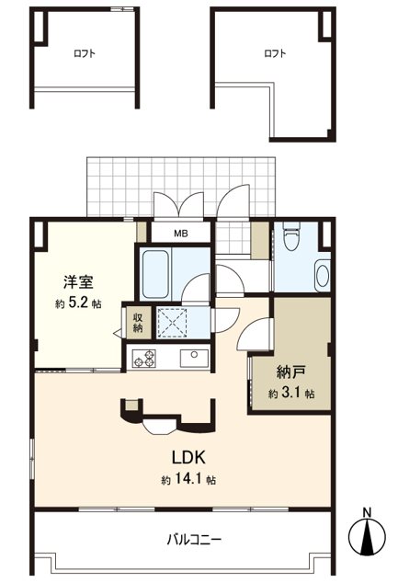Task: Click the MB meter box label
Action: pos(181,234)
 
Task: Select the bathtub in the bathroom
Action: pos(155,274)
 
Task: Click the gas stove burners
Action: pos(145,358)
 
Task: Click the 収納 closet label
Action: pos(138,323)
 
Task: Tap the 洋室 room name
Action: pos(78,282)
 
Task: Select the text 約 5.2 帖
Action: pos(78,303)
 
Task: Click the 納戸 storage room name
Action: pos(291,372)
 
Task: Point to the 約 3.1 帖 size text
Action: pos(291,393)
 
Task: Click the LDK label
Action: pos(188,457)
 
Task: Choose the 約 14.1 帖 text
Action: pos(188,480)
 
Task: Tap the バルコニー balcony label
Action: pos(194,539)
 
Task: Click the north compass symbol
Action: pos(367,536)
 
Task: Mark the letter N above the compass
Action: pos(367,512)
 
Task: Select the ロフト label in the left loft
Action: pos(85,53)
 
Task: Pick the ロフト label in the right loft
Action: pos(275,53)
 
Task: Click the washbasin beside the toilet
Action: pos(323,275)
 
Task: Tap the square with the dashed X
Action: pos(172,323)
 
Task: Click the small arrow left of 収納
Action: pos(118,333)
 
